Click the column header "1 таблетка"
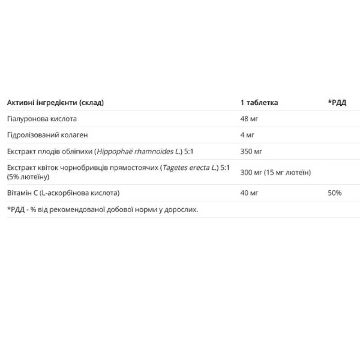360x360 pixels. click(259, 103)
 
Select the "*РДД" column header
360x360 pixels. click(337, 103)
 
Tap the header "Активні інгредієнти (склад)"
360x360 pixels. click(56, 103)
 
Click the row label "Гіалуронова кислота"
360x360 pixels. click(42, 119)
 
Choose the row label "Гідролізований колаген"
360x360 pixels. click(47, 135)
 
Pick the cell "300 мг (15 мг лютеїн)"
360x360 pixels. click(276, 172)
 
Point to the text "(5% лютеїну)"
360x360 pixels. click(28, 176)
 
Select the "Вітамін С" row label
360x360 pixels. click(22, 193)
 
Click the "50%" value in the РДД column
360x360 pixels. click(335, 193)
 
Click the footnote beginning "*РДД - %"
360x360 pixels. click(102, 209)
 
